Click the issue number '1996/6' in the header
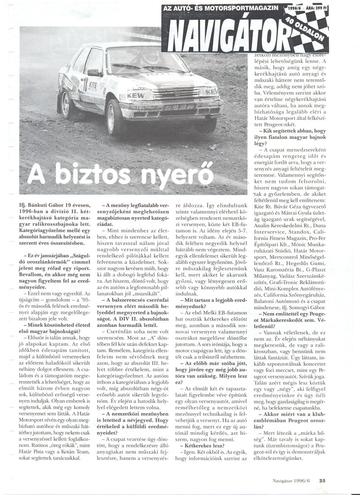click(293, 9)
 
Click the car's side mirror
click(94, 72)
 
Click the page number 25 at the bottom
click(322, 480)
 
